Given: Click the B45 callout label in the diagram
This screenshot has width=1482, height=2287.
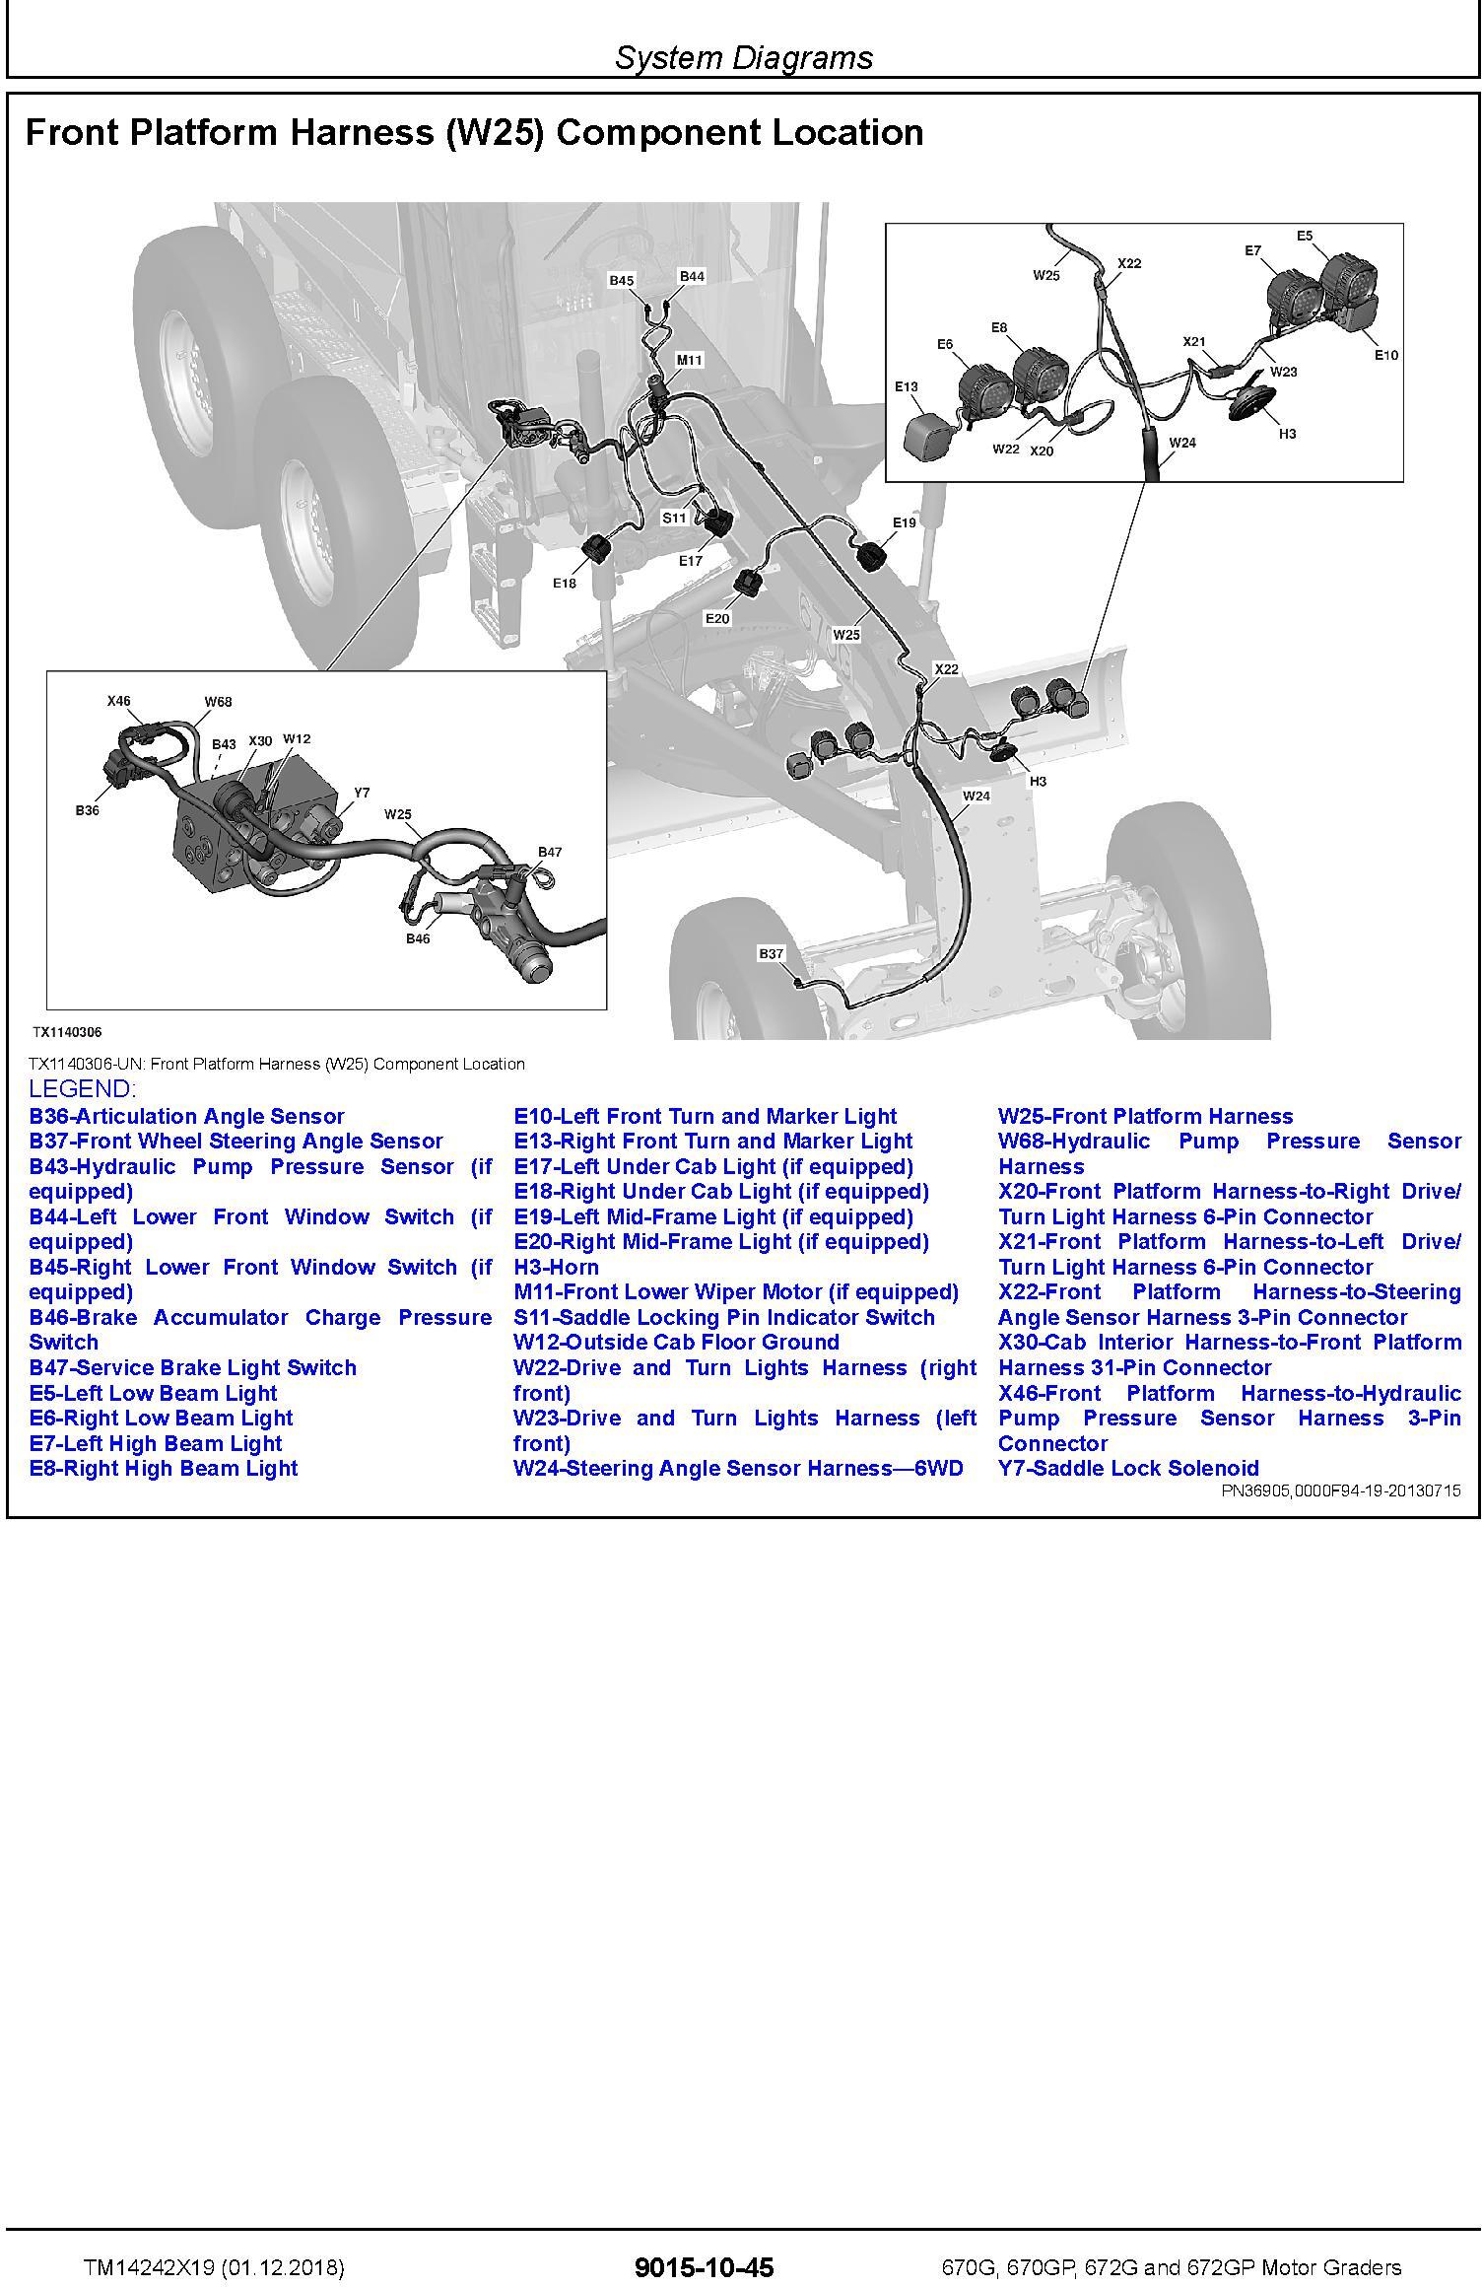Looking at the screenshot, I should pyautogui.click(x=621, y=281).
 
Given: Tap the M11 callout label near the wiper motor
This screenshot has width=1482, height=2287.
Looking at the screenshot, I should pyautogui.click(x=689, y=361).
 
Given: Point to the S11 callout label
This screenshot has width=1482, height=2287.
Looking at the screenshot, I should pyautogui.click(x=674, y=518).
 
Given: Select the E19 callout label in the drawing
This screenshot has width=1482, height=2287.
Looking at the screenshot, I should pyautogui.click(x=904, y=522).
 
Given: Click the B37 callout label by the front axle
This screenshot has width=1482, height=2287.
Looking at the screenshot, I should pyautogui.click(x=771, y=953).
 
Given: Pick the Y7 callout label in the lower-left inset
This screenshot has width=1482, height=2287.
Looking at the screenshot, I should pyautogui.click(x=362, y=793).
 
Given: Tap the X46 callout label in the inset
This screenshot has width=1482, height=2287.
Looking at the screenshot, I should pyautogui.click(x=118, y=702).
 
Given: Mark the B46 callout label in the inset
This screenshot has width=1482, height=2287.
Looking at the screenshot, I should pyautogui.click(x=418, y=938).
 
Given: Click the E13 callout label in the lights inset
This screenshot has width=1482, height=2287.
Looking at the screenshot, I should pyautogui.click(x=907, y=387).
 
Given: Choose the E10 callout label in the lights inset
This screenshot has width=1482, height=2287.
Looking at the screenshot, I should pyautogui.click(x=1385, y=355).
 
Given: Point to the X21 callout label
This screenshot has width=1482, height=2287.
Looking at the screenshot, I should pyautogui.click(x=1193, y=342).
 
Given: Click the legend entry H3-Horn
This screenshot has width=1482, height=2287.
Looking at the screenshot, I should pyautogui.click(x=556, y=1267).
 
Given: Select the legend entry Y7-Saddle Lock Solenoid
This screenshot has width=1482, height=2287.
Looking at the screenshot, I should pyautogui.click(x=1128, y=1468).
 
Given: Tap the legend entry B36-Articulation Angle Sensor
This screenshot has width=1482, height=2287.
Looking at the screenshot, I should pyautogui.click(x=186, y=1116).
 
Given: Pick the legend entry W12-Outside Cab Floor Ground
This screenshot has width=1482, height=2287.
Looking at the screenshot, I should pyautogui.click(x=676, y=1342).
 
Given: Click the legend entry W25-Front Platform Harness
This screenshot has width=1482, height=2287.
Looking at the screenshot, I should pyautogui.click(x=1145, y=1116).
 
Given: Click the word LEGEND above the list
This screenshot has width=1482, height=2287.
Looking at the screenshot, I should pyautogui.click(x=82, y=1089).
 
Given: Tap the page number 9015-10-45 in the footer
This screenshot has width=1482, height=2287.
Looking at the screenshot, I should pyautogui.click(x=705, y=2268).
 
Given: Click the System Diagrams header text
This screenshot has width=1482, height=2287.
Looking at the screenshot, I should pyautogui.click(x=744, y=57).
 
